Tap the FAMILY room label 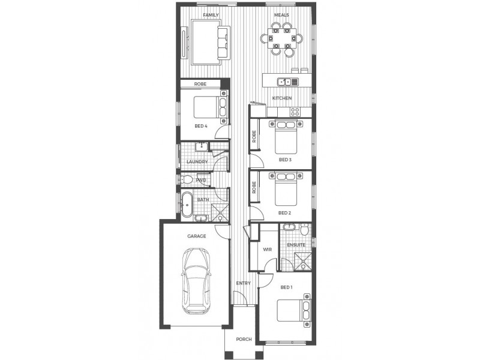[x=211, y=14]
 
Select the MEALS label [x=281, y=14]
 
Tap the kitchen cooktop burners [x=295, y=111]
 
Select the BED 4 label [x=201, y=127]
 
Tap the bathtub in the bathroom [x=187, y=204]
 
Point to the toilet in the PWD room [x=188, y=179]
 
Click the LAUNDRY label [x=197, y=162]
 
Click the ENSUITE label [x=296, y=245]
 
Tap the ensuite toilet [x=305, y=229]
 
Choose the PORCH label [x=243, y=340]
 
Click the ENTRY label [x=243, y=283]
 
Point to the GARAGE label [x=196, y=236]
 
